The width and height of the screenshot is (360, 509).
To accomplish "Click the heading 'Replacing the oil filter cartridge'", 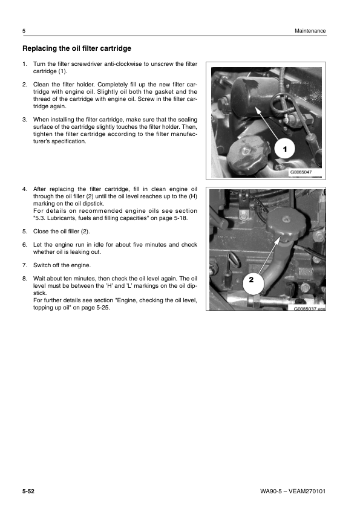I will (x=76, y=48).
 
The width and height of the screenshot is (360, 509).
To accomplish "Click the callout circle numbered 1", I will (x=285, y=148).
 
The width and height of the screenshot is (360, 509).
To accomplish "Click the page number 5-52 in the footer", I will (x=28, y=490).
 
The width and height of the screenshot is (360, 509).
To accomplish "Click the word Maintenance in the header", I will (x=310, y=31).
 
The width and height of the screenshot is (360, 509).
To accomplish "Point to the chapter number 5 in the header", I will (x=23, y=31).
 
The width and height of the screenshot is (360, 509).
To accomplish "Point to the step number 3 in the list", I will (x=24, y=120).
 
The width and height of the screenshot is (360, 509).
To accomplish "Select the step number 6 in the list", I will (x=24, y=245).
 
